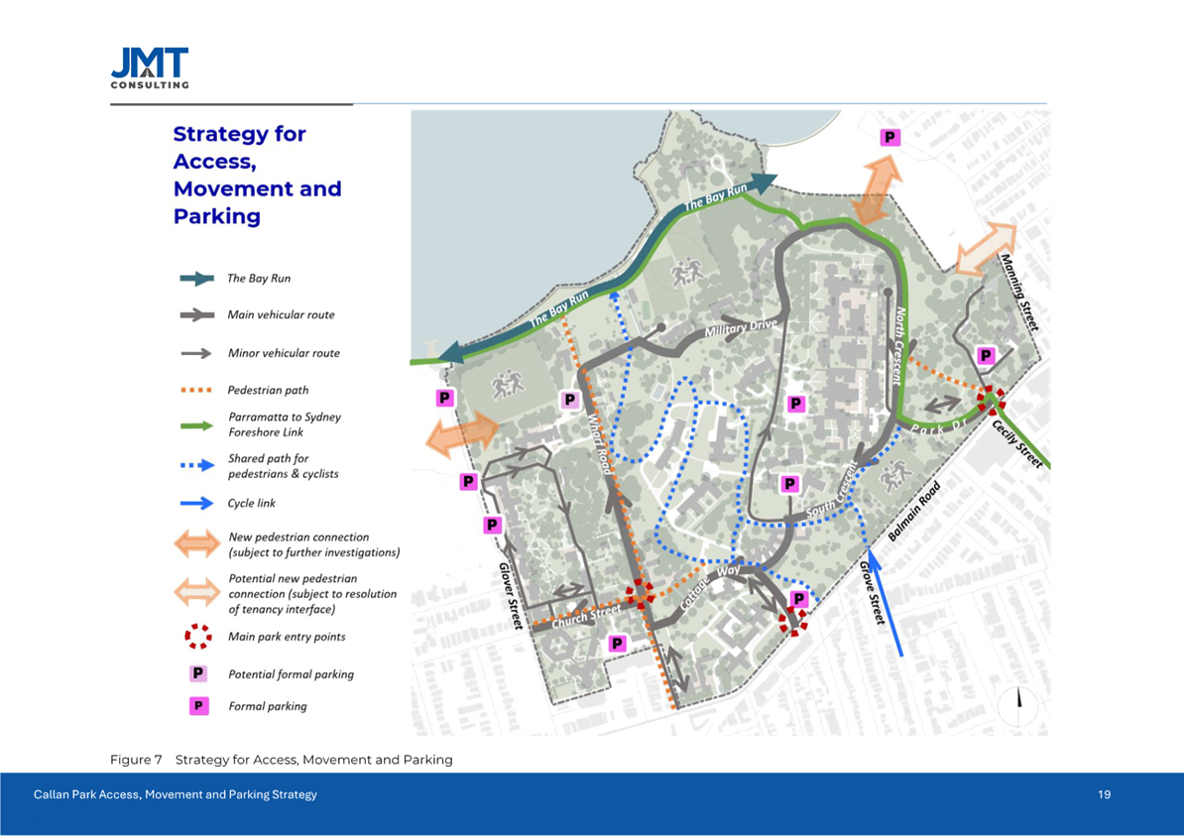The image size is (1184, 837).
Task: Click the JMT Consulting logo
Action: pos(150,68)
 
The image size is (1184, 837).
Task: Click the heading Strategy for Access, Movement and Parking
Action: pos(258,175)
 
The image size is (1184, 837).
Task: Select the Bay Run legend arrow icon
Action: pos(198,279)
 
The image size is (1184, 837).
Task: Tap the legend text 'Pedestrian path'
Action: pos(269,391)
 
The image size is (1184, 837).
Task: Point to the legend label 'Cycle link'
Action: pos(252,504)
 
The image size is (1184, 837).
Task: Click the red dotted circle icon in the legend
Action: pos(198,636)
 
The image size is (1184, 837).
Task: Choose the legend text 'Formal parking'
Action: pos(267,707)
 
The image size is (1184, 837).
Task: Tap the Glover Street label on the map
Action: pos(511,591)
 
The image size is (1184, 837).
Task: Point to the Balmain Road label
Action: pos(913,512)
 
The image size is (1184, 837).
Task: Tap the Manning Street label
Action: pos(1019,293)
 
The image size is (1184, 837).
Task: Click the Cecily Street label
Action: pos(1017,443)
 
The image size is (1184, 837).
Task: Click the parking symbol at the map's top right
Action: pos(891,138)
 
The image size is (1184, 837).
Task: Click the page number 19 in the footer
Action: pos(1104,795)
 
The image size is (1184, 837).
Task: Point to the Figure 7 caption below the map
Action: pos(281,760)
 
